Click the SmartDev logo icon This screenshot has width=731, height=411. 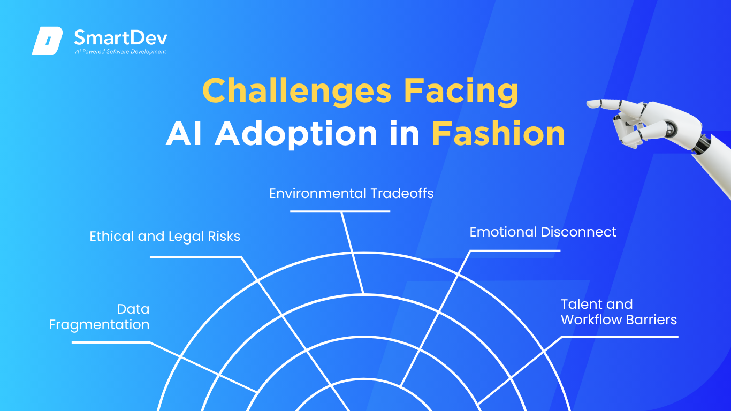[47, 41]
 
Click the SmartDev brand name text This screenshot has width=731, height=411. [121, 38]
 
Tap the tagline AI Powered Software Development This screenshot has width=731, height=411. [121, 51]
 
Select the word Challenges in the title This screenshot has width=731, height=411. [296, 92]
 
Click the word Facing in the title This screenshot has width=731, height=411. [461, 92]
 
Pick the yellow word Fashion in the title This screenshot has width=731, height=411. [499, 133]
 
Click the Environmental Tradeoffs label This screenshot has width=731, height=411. [352, 193]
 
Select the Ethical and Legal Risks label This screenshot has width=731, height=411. [165, 237]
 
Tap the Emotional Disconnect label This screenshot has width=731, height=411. [543, 232]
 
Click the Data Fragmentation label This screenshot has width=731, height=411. [99, 317]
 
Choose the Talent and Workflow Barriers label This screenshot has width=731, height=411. [619, 312]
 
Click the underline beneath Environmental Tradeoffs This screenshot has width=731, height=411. [340, 211]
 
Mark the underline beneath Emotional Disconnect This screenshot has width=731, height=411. [515, 250]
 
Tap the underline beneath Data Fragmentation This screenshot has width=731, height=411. [111, 342]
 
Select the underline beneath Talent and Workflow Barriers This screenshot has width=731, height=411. [620, 337]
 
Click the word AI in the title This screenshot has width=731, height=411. [184, 134]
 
